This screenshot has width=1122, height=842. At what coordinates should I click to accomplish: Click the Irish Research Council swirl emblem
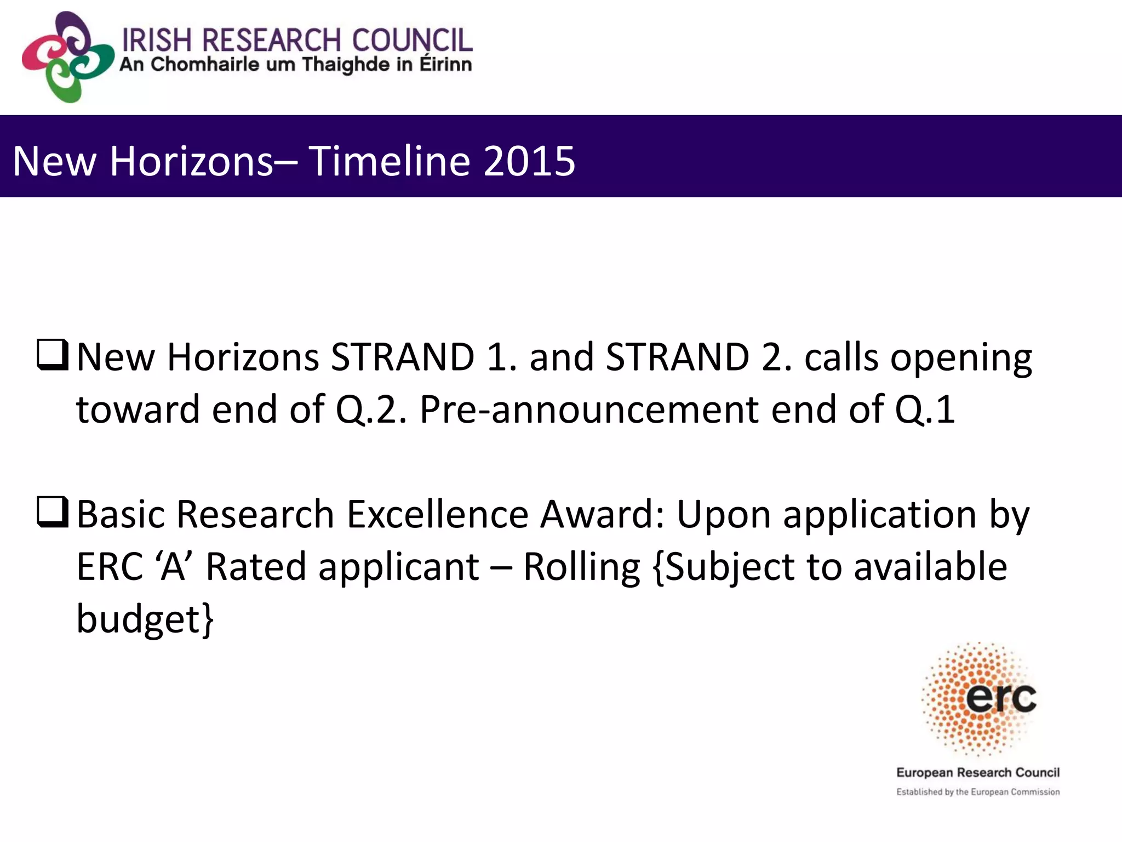(67, 58)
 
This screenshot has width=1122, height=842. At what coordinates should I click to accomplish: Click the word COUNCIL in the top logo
(411, 41)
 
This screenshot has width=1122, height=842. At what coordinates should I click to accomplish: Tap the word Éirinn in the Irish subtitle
(445, 65)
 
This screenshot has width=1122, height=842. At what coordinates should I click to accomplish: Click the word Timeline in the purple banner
(389, 161)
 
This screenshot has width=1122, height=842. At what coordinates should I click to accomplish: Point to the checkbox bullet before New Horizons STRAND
(53, 355)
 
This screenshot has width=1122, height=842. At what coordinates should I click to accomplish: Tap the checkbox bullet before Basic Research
(53, 512)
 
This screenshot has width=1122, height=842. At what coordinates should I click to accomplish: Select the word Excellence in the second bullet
(438, 515)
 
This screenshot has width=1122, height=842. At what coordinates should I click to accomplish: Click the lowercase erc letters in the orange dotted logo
(1001, 698)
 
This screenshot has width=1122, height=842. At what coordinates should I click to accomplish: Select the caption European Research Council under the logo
(978, 772)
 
